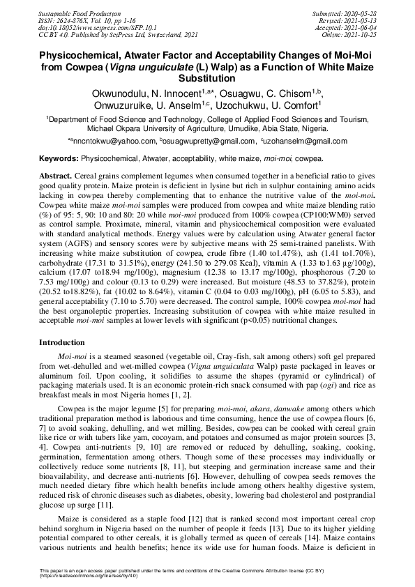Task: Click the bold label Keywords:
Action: pos(58,159)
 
